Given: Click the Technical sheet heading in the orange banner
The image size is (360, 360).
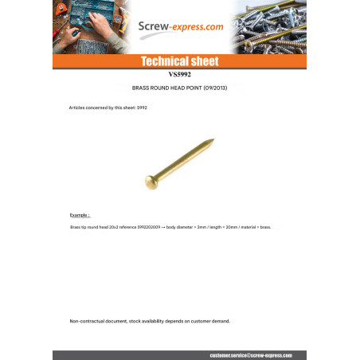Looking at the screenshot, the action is [x=179, y=61].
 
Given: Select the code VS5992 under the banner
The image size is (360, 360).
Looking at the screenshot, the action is [x=180, y=74].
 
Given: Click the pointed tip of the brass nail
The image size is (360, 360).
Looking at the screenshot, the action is [x=210, y=145].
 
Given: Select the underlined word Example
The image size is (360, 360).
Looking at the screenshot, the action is [x=80, y=215].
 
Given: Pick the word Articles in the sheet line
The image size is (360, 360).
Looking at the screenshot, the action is [x=79, y=107].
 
